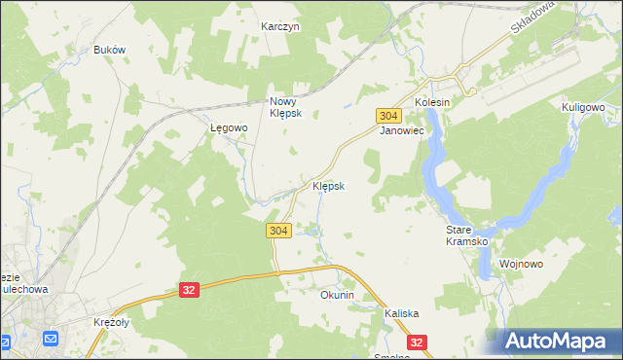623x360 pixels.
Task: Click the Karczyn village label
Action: point(280,27)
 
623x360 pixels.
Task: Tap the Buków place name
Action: point(109,50)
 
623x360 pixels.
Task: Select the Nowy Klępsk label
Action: point(287,106)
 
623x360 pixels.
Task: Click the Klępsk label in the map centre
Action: point(328,186)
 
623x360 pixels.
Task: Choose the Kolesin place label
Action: point(433,102)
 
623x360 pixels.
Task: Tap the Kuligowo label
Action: point(584,107)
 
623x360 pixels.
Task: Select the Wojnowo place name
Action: point(520,264)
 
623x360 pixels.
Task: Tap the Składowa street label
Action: point(531,17)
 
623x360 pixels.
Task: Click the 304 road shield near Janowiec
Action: point(386,115)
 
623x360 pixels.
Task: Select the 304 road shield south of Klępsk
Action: point(277,230)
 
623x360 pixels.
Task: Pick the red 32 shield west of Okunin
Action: point(189,290)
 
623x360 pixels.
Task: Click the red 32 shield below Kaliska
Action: point(417,342)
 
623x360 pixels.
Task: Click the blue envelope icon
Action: point(52,339)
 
